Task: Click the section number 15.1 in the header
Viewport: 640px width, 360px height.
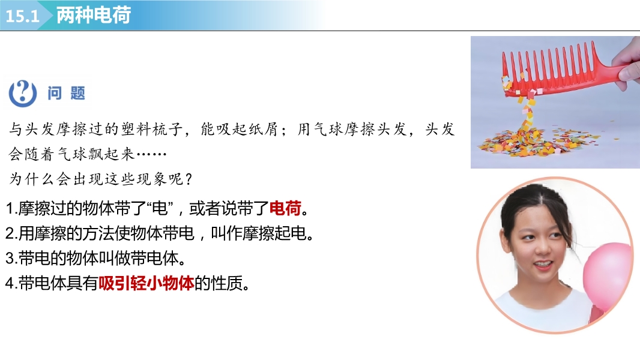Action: coord(22,16)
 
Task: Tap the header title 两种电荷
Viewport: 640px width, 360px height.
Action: coord(94,15)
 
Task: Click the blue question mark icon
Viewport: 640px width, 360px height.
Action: coord(22,94)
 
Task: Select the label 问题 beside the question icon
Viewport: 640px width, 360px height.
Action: coord(66,94)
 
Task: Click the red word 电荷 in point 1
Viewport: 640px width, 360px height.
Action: coord(285,208)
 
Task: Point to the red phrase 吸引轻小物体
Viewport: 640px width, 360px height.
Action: coord(146,283)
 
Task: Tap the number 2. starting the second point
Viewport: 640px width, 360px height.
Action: coord(11,233)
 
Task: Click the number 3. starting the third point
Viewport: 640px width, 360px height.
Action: coord(11,259)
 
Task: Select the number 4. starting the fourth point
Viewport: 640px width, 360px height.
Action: coord(11,283)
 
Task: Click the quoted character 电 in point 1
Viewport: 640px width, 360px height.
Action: coord(159,208)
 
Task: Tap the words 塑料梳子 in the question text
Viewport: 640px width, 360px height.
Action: coord(151,129)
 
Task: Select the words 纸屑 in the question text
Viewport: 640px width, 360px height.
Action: coord(263,129)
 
